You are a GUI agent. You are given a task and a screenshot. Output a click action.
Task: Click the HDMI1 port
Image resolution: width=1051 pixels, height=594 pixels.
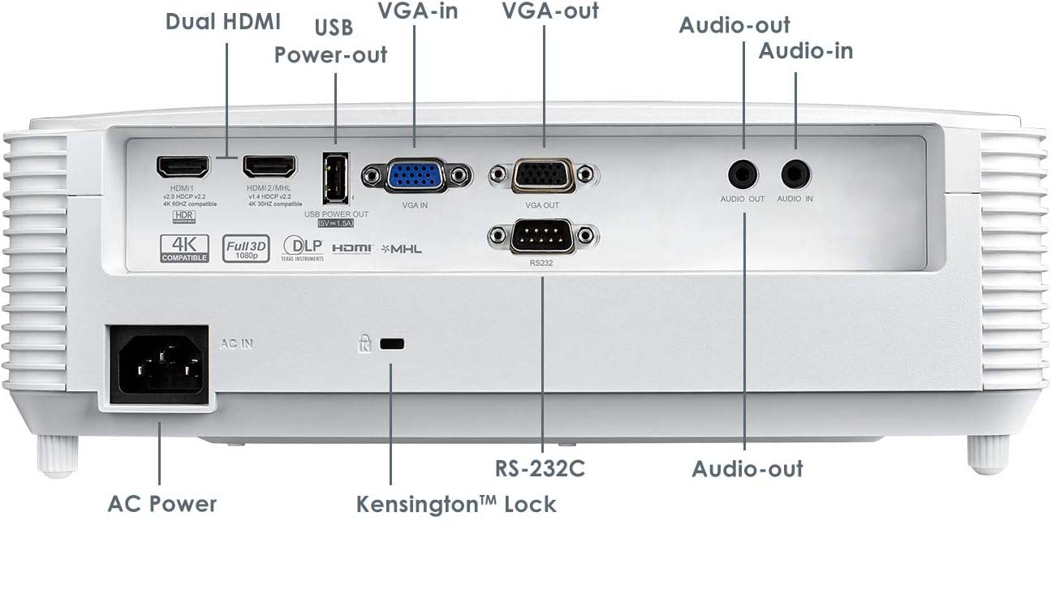[x=183, y=167]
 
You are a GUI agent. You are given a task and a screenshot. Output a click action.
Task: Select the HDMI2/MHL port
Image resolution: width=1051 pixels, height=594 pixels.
[x=270, y=167]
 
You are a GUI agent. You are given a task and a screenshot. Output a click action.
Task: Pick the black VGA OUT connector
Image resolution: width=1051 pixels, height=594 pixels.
[x=543, y=176]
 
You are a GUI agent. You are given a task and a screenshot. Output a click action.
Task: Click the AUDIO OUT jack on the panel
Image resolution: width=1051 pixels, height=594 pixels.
[x=743, y=174]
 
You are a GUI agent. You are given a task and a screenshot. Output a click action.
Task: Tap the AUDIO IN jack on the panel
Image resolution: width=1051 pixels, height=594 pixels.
[x=795, y=174]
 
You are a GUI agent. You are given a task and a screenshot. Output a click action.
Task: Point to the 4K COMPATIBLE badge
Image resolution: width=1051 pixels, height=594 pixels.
[x=184, y=247]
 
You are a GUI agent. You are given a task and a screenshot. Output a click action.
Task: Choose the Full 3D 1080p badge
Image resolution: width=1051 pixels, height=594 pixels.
[x=247, y=247]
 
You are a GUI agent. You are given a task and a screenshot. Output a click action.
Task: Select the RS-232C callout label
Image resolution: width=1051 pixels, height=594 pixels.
[x=541, y=468]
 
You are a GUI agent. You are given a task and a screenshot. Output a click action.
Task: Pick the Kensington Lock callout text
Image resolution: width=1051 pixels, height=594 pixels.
[x=456, y=504]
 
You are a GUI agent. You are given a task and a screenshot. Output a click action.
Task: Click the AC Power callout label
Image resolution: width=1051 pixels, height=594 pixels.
[x=162, y=503]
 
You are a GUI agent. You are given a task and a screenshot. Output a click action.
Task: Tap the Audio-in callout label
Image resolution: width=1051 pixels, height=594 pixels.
[x=805, y=50]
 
